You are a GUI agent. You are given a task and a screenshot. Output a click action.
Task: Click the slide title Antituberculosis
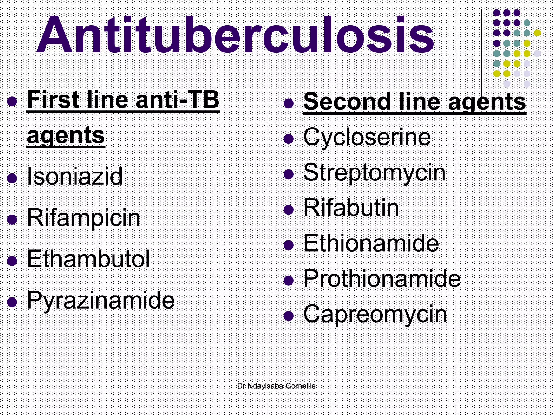[235, 35]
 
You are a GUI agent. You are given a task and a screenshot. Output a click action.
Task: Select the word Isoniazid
[75, 176]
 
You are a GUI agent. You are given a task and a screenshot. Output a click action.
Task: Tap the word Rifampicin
[84, 218]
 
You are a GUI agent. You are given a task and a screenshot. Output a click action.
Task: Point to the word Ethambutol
[88, 259]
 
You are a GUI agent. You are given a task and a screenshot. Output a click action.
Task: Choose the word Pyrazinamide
[101, 300]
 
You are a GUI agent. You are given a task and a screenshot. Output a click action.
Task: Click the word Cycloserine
[367, 137]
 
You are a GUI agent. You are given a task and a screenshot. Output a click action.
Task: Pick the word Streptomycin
[375, 173]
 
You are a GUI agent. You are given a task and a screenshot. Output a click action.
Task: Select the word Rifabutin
[351, 208]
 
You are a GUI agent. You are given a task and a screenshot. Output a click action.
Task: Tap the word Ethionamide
[371, 243]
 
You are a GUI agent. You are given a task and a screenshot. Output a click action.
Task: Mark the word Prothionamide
[382, 279]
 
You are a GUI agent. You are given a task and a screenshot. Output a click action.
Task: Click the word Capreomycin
[375, 314]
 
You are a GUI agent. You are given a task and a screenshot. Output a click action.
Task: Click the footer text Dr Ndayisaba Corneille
[276, 386]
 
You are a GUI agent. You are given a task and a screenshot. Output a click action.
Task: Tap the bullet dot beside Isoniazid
[12, 178]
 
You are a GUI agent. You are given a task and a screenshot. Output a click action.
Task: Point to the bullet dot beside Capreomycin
[289, 316]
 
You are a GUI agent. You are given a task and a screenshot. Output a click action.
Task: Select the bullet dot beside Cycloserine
[289, 139]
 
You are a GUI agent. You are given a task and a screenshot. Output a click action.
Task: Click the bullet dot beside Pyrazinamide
[12, 302]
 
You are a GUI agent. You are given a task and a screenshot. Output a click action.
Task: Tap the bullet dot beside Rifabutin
[289, 210]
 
